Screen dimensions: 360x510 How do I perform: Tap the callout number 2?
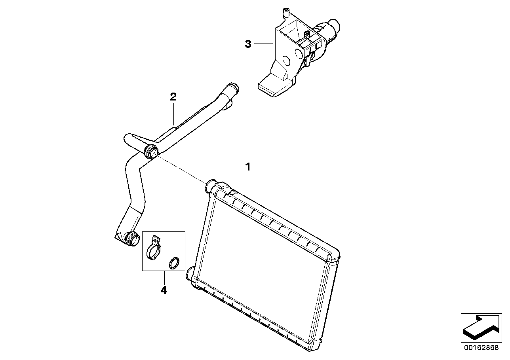(x=173, y=97)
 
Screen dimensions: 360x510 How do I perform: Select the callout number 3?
(x=248, y=44)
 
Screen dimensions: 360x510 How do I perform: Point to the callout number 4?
(x=164, y=290)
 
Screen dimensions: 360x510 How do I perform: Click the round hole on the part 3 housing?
(x=286, y=61)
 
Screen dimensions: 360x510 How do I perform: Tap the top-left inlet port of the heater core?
(x=211, y=184)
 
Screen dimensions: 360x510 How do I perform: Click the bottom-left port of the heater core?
(x=190, y=273)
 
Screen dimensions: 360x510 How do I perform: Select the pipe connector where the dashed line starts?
(x=151, y=151)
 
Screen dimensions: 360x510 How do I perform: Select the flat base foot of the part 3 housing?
(x=273, y=88)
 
